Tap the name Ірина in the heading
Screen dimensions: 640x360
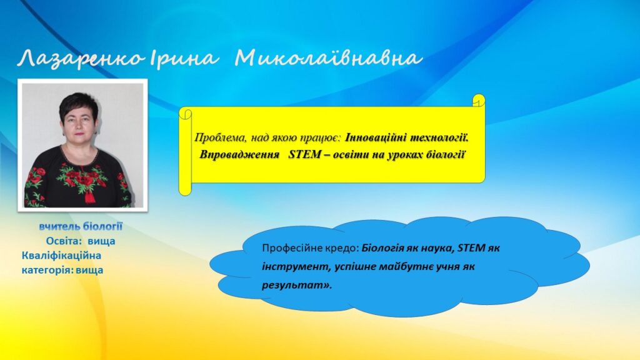point(184,58)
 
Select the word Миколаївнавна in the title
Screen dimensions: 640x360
point(328,58)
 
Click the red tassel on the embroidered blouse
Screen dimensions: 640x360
point(89,196)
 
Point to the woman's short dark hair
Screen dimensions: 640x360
point(78,105)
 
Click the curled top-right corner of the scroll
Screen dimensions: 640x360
point(478,101)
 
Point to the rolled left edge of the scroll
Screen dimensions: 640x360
point(185,151)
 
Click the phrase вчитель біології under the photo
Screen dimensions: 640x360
point(81,226)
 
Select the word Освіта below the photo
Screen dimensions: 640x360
point(63,241)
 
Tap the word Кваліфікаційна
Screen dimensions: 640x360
point(61,256)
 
